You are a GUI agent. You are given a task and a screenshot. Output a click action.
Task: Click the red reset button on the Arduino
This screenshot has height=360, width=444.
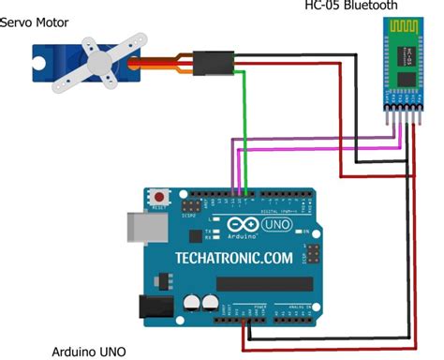pos(159,197)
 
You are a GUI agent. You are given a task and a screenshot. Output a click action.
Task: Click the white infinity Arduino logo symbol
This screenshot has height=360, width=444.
pos(238,226)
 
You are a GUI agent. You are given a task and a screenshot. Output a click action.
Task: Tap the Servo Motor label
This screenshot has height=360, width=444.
pos(36,22)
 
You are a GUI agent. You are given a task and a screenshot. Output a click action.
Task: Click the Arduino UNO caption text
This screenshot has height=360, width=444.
pos(90,352)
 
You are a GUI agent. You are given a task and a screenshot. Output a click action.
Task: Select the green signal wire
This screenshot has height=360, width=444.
pos(245,122)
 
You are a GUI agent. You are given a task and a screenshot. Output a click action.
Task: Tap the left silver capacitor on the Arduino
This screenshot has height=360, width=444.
pos(192,302)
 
